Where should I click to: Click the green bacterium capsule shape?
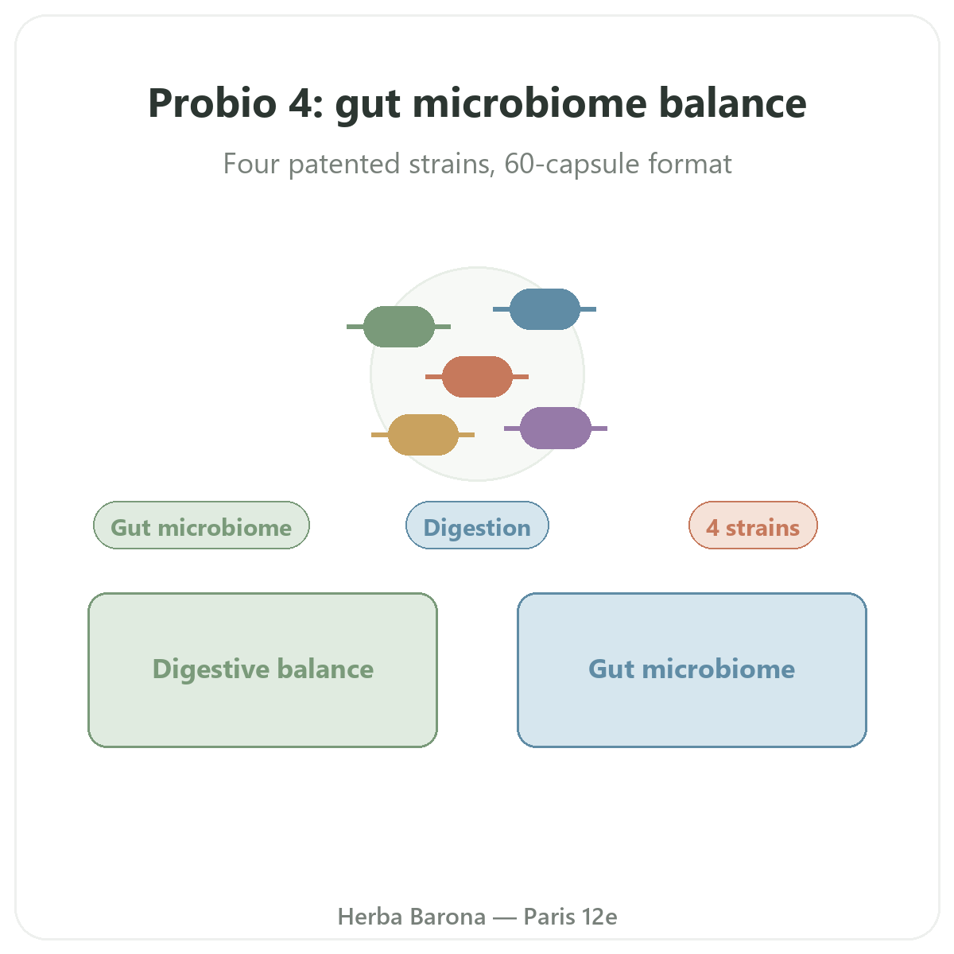[398, 326]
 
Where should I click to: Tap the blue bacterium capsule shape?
[544, 309]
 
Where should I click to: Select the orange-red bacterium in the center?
[477, 376]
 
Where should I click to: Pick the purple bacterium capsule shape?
[556, 428]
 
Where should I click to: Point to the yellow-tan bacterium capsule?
[423, 435]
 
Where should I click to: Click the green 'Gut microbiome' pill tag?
[201, 525]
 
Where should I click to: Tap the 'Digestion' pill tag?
[477, 525]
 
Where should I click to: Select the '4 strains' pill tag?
[753, 525]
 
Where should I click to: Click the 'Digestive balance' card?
[263, 670]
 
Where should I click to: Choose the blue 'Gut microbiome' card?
[692, 670]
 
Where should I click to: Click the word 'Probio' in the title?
[212, 103]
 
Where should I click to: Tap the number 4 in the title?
[300, 103]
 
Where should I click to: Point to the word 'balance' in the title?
[733, 103]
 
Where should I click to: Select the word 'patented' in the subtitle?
[344, 164]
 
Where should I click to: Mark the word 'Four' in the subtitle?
[251, 164]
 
